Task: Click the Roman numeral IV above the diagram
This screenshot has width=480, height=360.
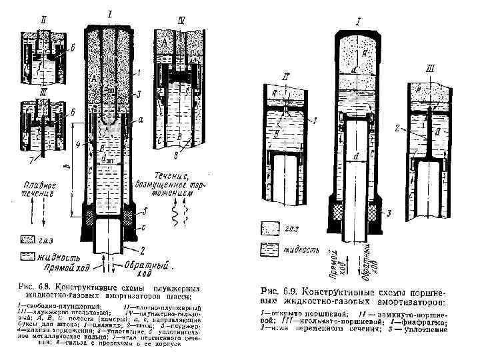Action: [x=181, y=21]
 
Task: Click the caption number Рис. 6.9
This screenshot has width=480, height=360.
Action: [x=278, y=291]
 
